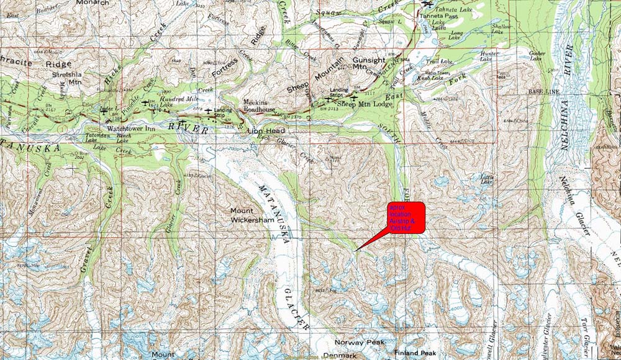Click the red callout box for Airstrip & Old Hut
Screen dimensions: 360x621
click(x=406, y=218)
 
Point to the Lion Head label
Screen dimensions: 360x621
click(x=266, y=132)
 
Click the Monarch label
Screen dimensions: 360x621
click(x=92, y=3)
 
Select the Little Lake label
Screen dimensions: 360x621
click(x=487, y=178)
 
